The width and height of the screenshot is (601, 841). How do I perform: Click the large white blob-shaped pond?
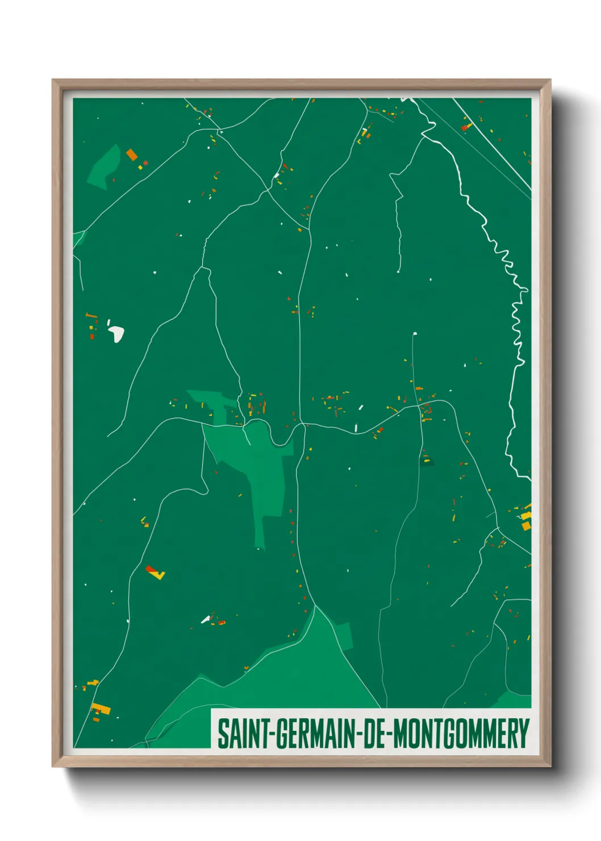pos(117,334)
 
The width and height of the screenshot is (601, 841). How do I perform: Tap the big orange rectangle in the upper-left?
pos(132,154)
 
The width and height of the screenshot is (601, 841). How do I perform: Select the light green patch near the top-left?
pos(104,166)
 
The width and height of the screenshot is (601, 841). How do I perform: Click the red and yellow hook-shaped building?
pos(155,572)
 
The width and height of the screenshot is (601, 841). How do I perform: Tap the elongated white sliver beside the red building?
pos(205,619)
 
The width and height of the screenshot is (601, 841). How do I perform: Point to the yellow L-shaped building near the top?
pos(364,133)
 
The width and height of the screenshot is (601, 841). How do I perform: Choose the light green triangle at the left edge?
pos(78,238)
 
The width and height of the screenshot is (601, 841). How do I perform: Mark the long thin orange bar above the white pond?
pos(91,314)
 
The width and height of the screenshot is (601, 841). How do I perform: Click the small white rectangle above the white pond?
pos(108,322)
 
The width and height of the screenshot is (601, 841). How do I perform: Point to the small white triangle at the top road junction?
pos(221,132)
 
